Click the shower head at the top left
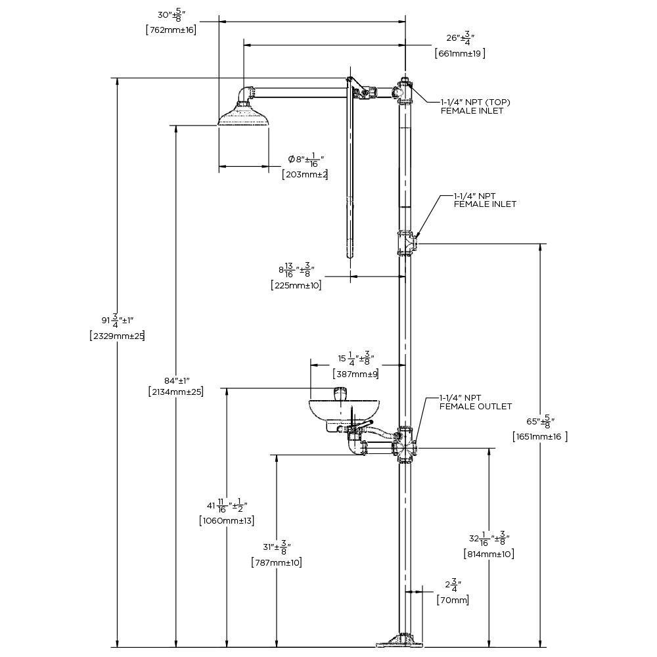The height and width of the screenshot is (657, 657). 243,117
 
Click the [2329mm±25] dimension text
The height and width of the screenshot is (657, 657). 117,336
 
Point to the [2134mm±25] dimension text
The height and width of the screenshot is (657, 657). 175,392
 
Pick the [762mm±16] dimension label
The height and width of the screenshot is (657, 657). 170,29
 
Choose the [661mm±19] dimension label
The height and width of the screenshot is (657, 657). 460,54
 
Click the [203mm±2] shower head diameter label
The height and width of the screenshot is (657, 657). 304,174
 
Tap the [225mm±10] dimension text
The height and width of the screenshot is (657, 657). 296,285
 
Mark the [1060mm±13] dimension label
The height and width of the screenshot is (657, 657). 226,520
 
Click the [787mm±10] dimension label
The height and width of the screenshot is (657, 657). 276,562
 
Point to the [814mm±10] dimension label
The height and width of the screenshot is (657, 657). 488,554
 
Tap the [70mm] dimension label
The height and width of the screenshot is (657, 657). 453,600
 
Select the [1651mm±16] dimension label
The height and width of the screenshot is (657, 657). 539,437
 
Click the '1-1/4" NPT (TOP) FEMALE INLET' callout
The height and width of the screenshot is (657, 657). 475,106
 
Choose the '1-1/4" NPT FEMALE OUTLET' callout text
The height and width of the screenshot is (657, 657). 476,402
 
